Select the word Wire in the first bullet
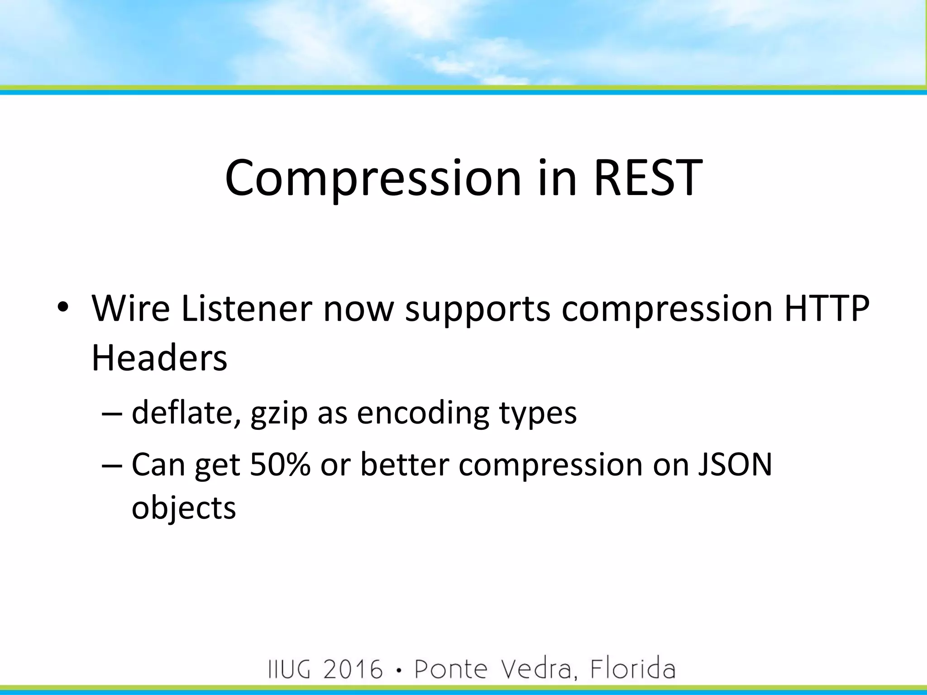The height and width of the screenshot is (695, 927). pyautogui.click(x=130, y=309)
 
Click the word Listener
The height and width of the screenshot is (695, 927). pyautogui.click(x=247, y=309)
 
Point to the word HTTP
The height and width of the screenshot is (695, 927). pyautogui.click(x=827, y=309)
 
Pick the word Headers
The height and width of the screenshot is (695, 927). pyautogui.click(x=159, y=358)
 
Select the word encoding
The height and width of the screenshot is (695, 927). pyautogui.click(x=423, y=413)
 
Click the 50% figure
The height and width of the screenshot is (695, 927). pyautogui.click(x=280, y=465)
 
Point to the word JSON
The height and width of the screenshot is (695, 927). pyautogui.click(x=735, y=465)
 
